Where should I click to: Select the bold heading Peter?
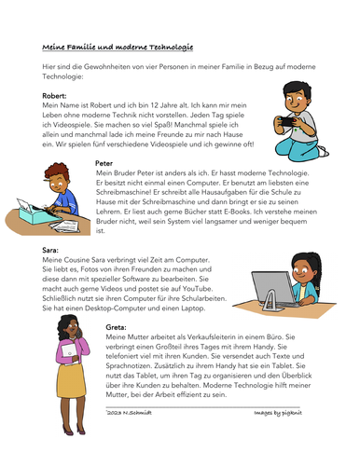point(104,162)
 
